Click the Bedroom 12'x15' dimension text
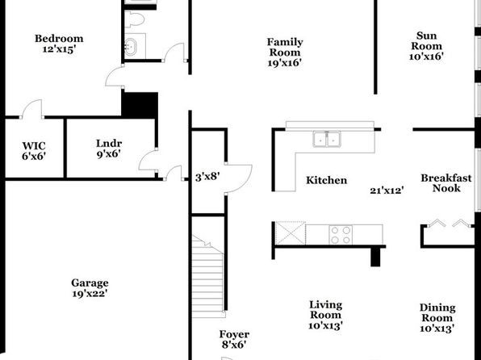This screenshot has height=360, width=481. pos(59,49)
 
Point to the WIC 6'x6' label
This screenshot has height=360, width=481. pos(34,151)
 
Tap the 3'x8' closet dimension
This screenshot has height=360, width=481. pos(207,177)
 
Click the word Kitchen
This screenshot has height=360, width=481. pos(327,180)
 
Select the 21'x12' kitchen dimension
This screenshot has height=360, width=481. pos(387,190)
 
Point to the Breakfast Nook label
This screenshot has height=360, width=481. pos(446,183)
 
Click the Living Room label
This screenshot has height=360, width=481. pos(325,315)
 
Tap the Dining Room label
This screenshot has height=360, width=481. pos(437,318)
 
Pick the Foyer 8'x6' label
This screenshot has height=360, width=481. pos(234,340)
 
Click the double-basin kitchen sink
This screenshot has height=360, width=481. pos(326,139)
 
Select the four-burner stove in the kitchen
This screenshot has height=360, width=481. pos(341,235)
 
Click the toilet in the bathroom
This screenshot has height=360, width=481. pos(134,19)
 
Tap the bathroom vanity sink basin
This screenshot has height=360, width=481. pos(131,46)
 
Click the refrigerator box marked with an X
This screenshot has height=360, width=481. pos(291,233)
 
